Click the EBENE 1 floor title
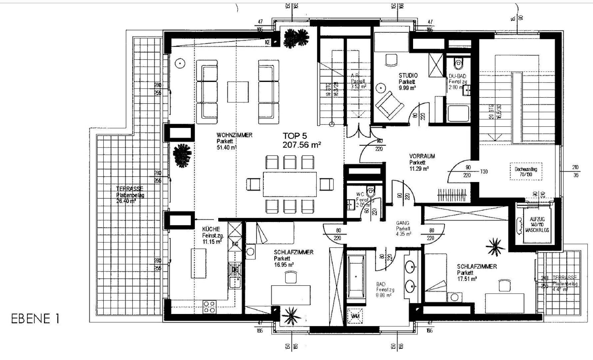35,319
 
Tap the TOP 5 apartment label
295,136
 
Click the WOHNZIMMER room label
234,135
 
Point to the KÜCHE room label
211,229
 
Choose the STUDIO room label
408,76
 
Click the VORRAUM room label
422,156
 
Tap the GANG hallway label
403,223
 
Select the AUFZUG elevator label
537,219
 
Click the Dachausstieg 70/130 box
526,171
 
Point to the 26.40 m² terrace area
126,201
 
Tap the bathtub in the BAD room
356,277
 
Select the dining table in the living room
290,184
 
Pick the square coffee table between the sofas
238,92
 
